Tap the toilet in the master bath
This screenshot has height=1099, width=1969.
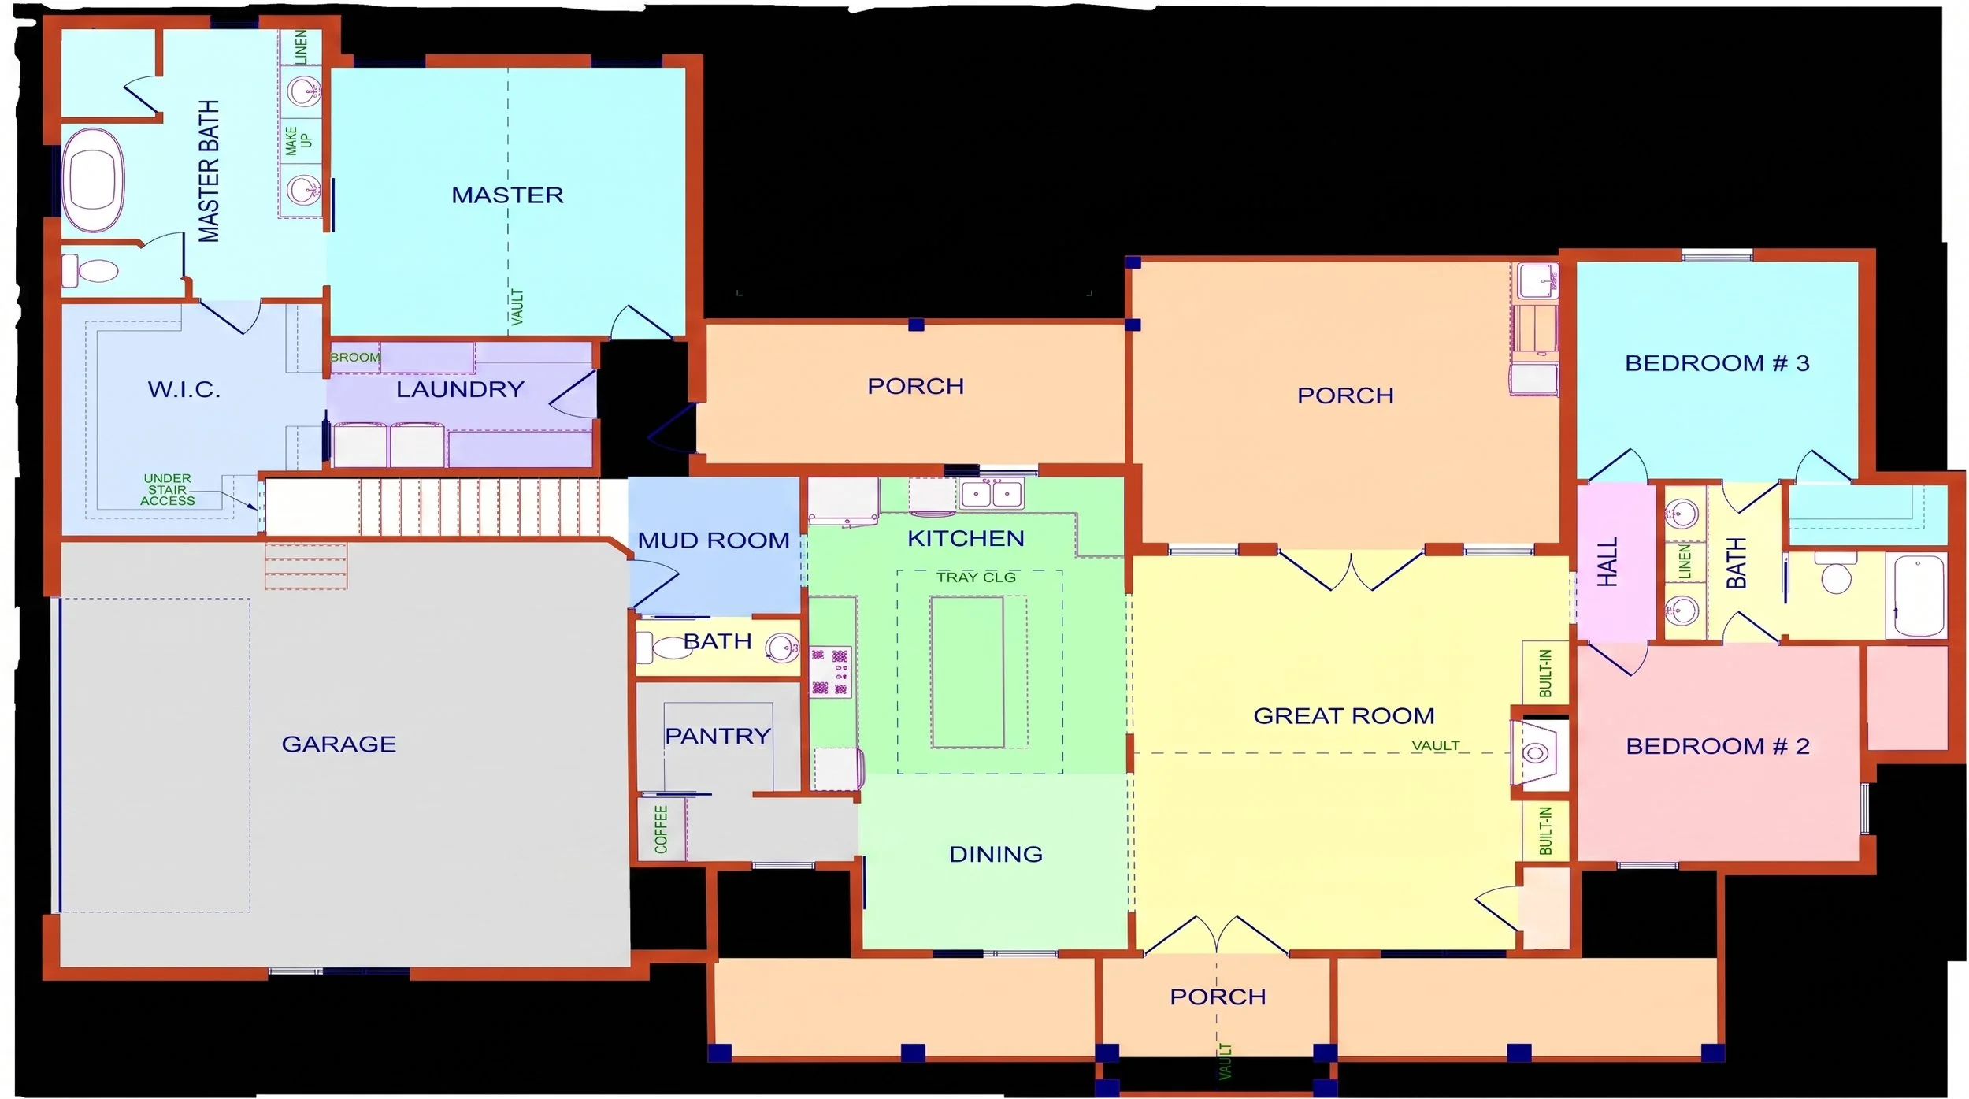(x=90, y=270)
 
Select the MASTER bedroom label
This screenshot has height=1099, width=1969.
(x=507, y=195)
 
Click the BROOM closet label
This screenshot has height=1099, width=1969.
(x=354, y=357)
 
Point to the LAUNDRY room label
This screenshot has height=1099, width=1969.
(x=460, y=389)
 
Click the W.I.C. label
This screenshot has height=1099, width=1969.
(x=184, y=389)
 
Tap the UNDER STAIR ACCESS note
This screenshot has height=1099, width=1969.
(x=167, y=489)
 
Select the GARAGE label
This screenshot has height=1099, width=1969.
(x=339, y=744)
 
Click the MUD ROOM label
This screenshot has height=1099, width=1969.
(x=714, y=540)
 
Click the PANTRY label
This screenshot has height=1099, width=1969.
(x=718, y=736)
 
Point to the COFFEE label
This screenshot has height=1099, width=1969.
(x=661, y=829)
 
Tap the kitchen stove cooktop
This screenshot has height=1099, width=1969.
(x=831, y=672)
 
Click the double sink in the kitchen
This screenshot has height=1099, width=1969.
(x=992, y=494)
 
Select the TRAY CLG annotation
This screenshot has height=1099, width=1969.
(x=976, y=577)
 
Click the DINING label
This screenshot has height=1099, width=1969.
(x=996, y=854)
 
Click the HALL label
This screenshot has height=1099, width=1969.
(x=1607, y=562)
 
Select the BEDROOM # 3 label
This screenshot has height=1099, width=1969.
(x=1717, y=363)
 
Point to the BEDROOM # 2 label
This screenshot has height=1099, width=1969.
(x=1718, y=746)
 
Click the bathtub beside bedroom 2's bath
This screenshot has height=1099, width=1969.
(x=1915, y=596)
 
